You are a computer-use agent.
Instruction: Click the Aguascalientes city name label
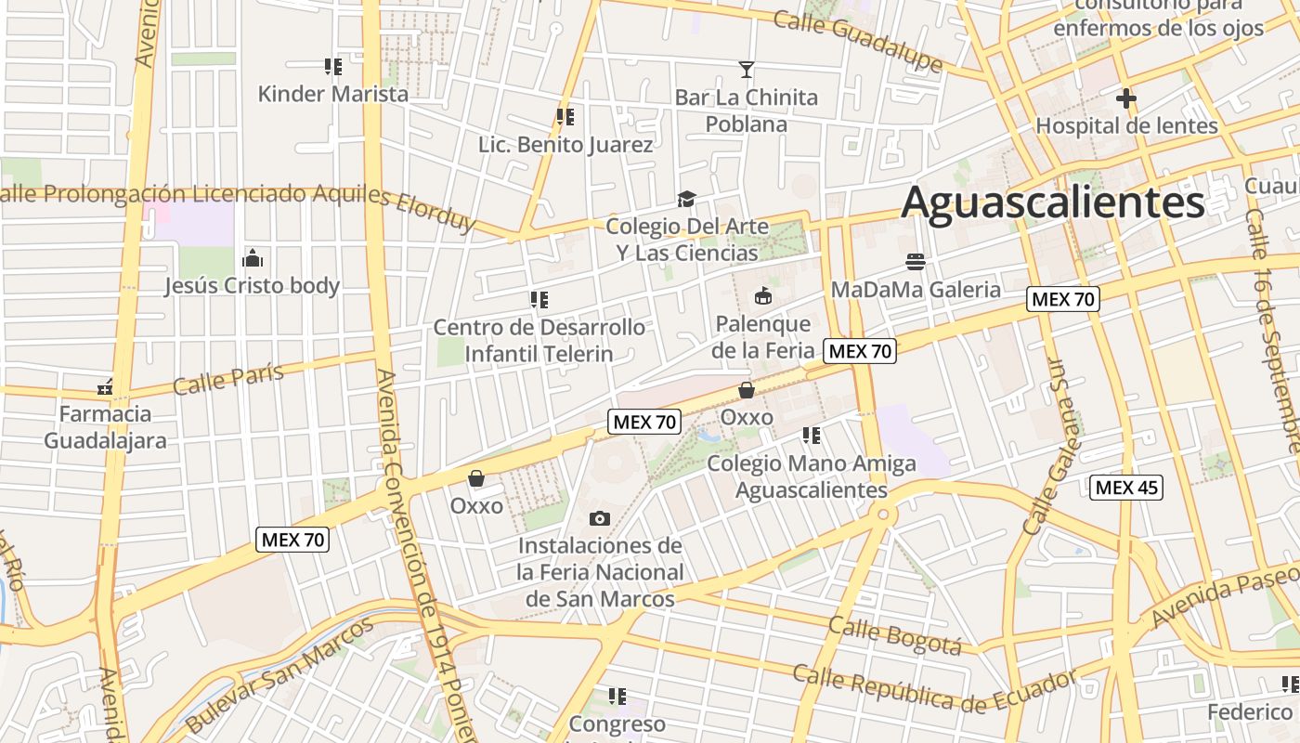click(x=1052, y=202)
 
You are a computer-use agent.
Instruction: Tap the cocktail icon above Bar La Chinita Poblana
click(x=746, y=69)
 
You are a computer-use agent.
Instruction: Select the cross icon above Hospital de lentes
click(x=1125, y=98)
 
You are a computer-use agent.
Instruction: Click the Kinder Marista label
click(x=332, y=94)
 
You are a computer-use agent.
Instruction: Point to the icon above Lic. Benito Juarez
click(x=565, y=117)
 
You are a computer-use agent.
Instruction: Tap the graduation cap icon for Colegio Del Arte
click(x=686, y=199)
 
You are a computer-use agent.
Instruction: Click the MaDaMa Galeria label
click(x=916, y=289)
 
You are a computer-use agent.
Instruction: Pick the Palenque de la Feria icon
click(x=762, y=297)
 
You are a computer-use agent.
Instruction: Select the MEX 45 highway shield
click(x=1126, y=487)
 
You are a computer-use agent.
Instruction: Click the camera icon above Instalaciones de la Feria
click(x=600, y=518)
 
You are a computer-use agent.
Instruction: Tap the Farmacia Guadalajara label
click(x=106, y=426)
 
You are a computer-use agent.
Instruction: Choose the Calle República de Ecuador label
click(x=934, y=687)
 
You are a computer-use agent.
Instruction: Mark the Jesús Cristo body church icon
click(x=252, y=258)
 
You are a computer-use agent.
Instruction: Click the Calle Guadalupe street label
click(x=858, y=42)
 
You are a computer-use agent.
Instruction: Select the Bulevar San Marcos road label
click(x=279, y=674)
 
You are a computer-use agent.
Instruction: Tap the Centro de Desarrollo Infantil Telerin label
click(x=539, y=340)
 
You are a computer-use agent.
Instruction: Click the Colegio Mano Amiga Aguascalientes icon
click(x=812, y=435)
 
